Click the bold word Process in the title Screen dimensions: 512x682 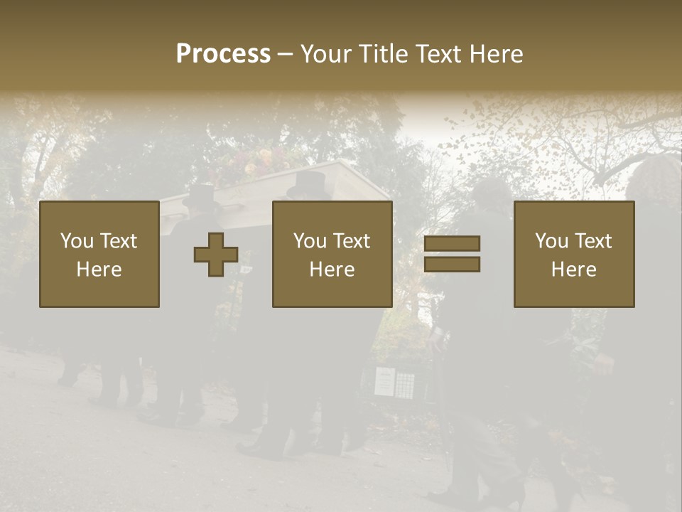(223, 54)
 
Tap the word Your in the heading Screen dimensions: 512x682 (327, 54)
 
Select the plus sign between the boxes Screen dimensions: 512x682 (216, 254)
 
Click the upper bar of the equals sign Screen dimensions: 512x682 (452, 243)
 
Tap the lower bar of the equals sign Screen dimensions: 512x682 (452, 265)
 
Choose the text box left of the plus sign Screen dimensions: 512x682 (99, 254)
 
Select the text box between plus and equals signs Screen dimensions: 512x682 (332, 254)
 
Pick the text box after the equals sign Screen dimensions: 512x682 (573, 254)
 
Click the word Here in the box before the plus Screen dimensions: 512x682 (99, 270)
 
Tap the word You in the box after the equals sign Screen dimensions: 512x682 (552, 241)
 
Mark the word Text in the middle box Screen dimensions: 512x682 (352, 241)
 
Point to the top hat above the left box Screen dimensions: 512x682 (200, 195)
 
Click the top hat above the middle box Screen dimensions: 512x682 (307, 183)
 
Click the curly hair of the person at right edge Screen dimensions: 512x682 (657, 178)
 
